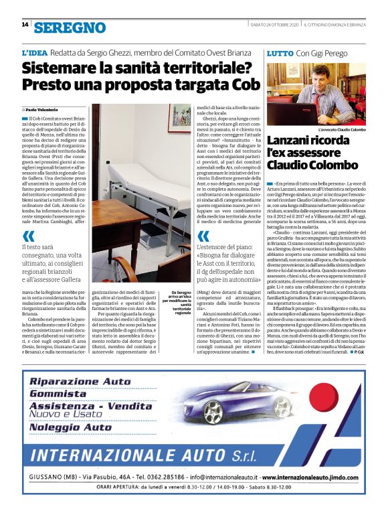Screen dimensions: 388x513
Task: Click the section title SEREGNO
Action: tap(70, 27)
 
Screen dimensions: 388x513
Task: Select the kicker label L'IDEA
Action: tap(33, 52)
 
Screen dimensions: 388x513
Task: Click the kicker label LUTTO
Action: tap(279, 52)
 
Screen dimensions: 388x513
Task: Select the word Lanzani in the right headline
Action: tap(294, 140)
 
